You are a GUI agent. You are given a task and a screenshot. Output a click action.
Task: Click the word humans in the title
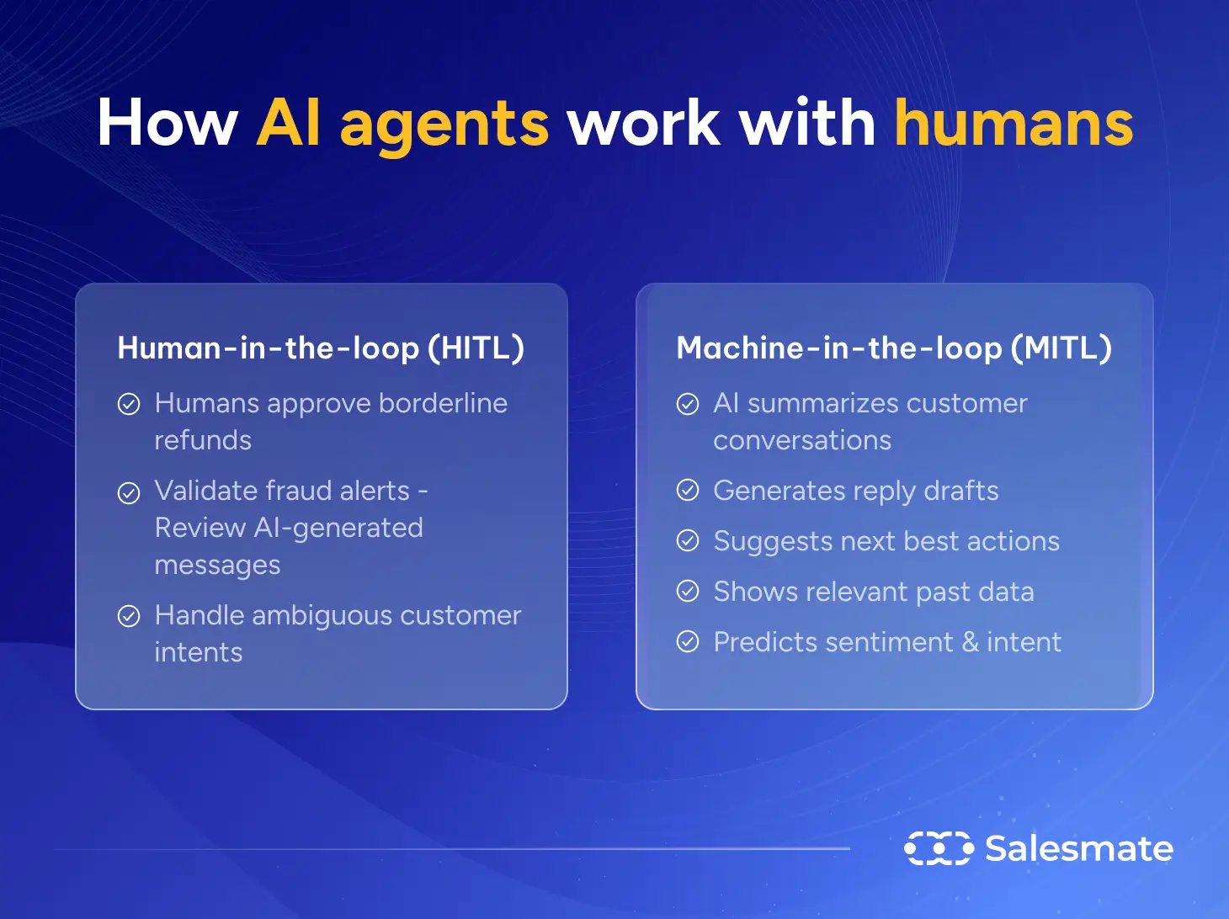pyautogui.click(x=1014, y=124)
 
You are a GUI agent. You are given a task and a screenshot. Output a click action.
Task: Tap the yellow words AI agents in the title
pyautogui.click(x=402, y=124)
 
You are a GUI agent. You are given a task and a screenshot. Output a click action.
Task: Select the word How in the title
pyautogui.click(x=168, y=124)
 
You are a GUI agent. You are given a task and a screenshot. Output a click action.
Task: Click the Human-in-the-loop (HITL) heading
pyautogui.click(x=321, y=348)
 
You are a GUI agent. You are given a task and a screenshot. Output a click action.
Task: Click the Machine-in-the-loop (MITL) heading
pyautogui.click(x=894, y=348)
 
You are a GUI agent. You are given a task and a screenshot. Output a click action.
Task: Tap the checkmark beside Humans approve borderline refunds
pyautogui.click(x=129, y=405)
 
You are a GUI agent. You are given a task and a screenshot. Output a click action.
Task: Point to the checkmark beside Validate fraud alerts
pyautogui.click(x=129, y=492)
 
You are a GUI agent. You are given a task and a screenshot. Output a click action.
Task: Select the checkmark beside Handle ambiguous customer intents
pyautogui.click(x=129, y=617)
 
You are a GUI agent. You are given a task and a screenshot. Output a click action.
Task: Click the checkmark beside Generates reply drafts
pyautogui.click(x=688, y=490)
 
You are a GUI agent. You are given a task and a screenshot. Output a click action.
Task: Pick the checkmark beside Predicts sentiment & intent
pyautogui.click(x=688, y=642)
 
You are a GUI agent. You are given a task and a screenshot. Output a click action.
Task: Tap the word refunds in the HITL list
pyautogui.click(x=203, y=440)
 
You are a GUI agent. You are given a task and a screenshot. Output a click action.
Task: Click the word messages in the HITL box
pyautogui.click(x=217, y=565)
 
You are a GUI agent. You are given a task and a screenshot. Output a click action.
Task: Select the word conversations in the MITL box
pyautogui.click(x=802, y=440)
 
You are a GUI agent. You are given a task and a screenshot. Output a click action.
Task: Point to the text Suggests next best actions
pyautogui.click(x=886, y=541)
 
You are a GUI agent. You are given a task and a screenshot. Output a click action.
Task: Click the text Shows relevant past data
pyautogui.click(x=874, y=592)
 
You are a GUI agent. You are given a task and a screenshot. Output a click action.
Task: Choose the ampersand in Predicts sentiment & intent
pyautogui.click(x=970, y=642)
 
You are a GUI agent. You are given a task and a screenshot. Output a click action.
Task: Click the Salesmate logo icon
pyautogui.click(x=939, y=848)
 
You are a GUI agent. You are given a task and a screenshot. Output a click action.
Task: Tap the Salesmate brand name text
pyautogui.click(x=1079, y=848)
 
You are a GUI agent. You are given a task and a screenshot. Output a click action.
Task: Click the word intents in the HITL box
pyautogui.click(x=199, y=652)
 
